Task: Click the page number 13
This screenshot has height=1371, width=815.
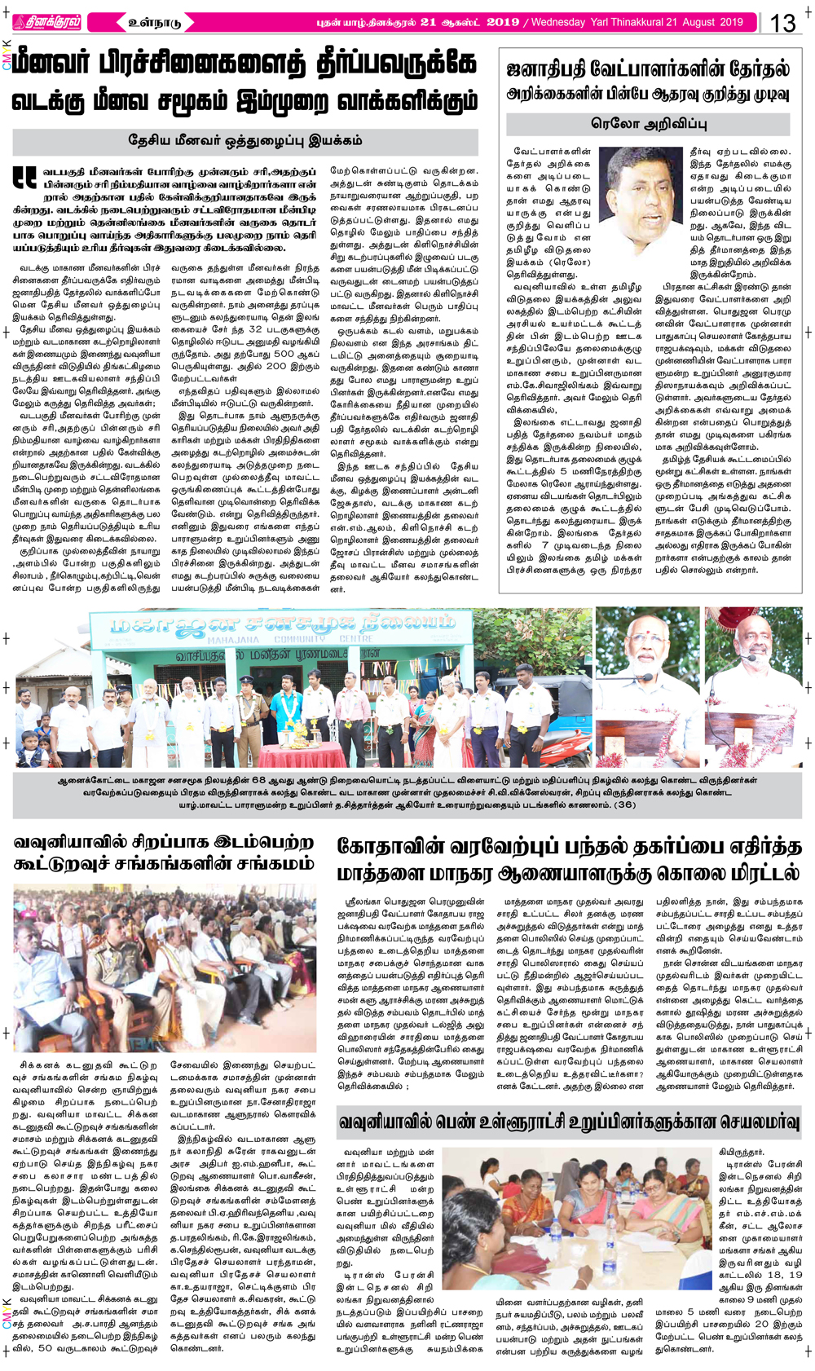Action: coord(783,22)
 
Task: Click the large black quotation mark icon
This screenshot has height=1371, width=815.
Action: coord(24,178)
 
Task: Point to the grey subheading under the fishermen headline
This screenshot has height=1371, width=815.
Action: coord(244,141)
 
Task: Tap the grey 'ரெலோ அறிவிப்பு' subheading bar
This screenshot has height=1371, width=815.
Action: coord(649,124)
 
